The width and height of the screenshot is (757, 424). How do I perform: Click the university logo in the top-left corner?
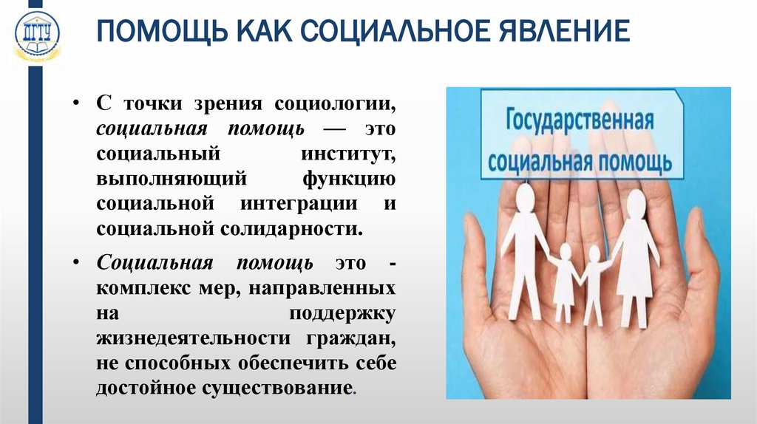[x=38, y=36]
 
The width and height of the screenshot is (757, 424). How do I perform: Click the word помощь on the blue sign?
[x=632, y=160]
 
